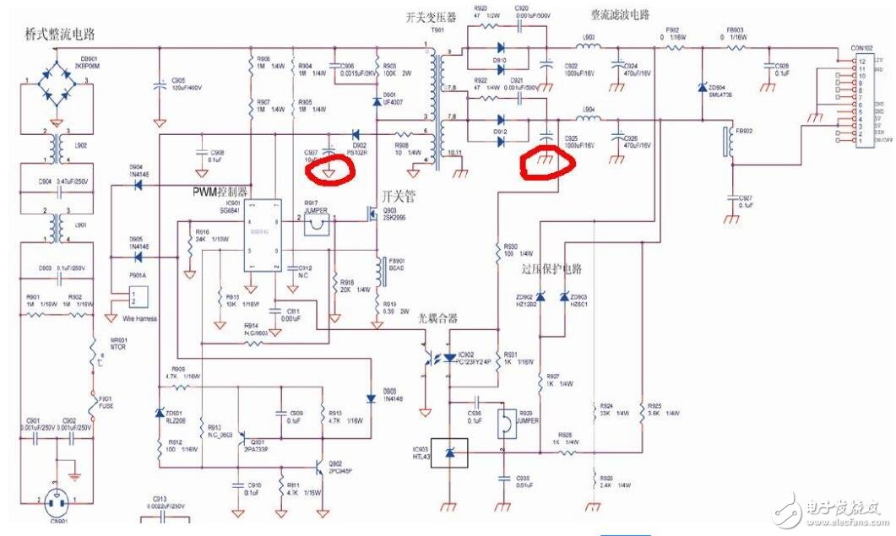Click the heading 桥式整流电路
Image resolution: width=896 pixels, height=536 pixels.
tap(60, 35)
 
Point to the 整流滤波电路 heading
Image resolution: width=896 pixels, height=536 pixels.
tap(621, 15)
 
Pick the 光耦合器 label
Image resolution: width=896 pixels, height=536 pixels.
tap(437, 319)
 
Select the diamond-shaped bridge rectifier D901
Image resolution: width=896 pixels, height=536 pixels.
tap(57, 95)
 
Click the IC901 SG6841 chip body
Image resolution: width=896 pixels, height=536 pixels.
tap(262, 236)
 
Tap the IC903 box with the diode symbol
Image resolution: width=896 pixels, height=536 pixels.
tap(449, 455)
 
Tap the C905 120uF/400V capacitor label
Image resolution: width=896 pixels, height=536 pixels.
tap(187, 84)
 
